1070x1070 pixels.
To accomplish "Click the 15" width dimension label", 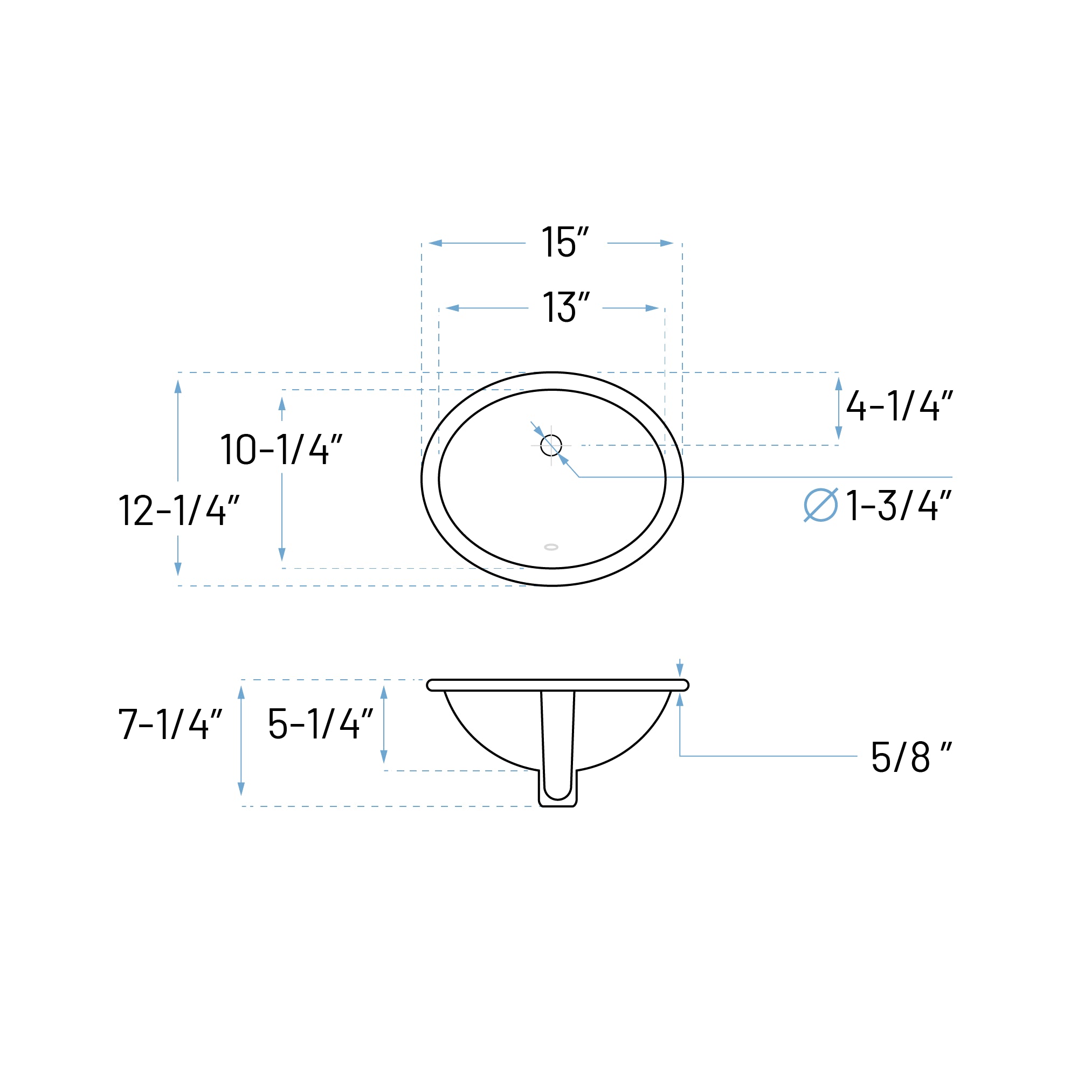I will [565, 242].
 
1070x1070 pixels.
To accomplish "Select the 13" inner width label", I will [565, 307].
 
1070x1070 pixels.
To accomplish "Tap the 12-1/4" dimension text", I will [178, 510].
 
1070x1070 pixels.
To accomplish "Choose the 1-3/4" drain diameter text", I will [898, 505].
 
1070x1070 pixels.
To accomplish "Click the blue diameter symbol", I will [820, 505].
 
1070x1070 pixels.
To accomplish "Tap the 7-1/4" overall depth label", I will [170, 724].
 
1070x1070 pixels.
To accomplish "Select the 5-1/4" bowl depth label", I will [320, 724].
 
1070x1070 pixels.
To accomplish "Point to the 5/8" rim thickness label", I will [910, 756].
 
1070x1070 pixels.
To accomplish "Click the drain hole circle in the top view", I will [551, 445].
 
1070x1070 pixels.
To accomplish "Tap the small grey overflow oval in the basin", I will [551, 547].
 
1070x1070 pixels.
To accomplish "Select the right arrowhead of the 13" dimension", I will [652, 308].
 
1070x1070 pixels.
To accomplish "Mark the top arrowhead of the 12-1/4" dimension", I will [178, 386].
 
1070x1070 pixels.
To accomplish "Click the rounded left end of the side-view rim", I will [431, 685].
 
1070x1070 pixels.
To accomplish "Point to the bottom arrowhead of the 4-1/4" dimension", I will [839, 432].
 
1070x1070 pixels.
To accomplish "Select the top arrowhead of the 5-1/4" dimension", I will [384, 692].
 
